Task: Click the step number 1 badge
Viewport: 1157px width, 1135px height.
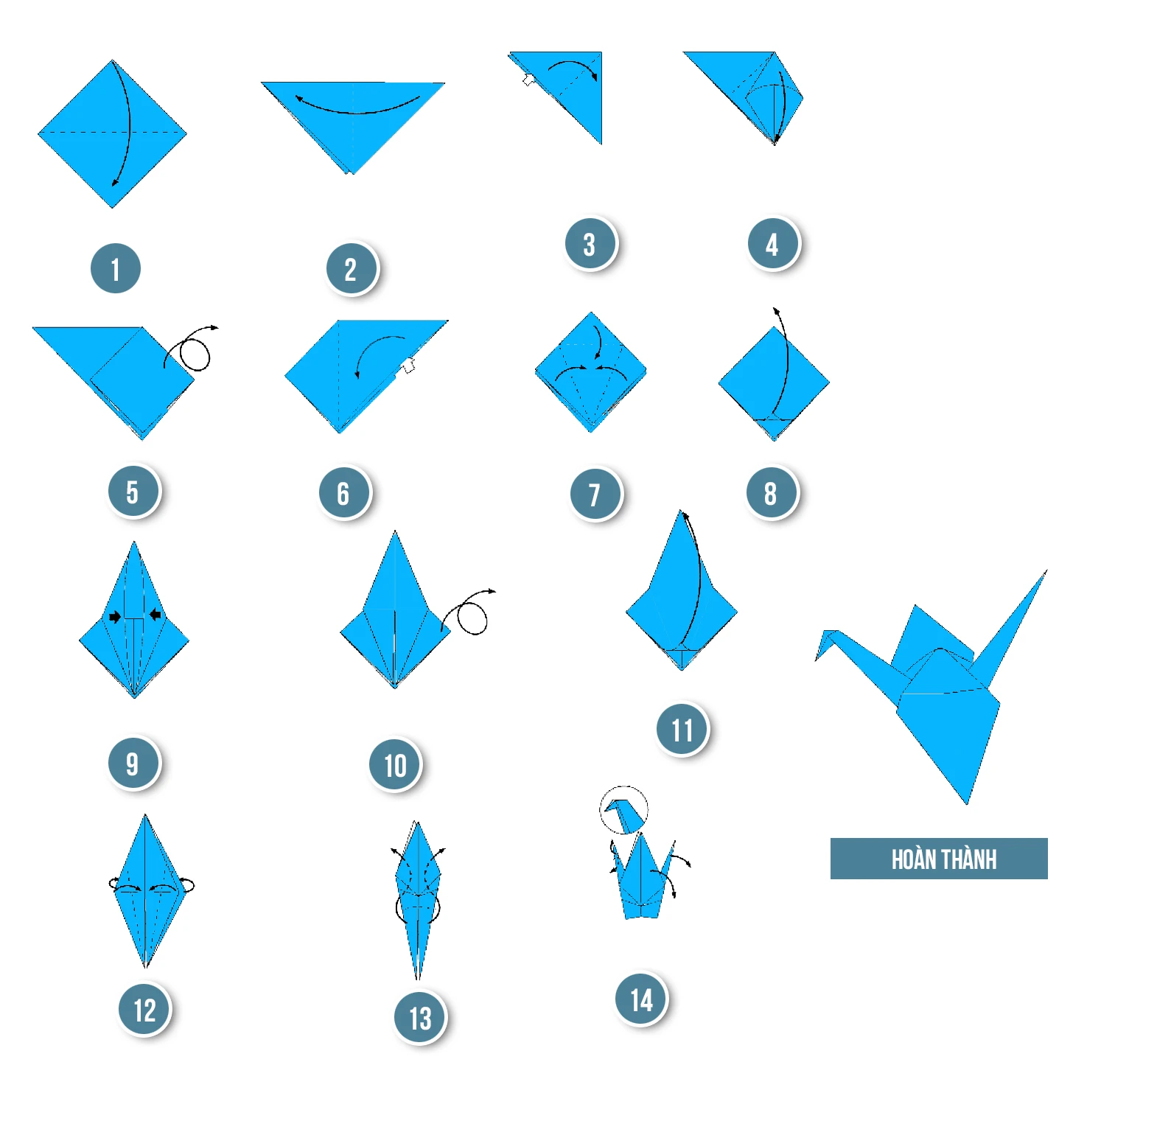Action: [115, 268]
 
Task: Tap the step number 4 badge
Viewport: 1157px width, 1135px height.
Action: [772, 243]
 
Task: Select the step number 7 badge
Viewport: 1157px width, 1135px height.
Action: [595, 494]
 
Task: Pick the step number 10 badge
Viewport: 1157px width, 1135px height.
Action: [394, 765]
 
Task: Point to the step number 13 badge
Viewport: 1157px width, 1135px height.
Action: [419, 1018]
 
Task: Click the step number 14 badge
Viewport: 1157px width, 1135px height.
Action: [640, 999]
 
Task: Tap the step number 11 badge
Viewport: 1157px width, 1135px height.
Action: [682, 730]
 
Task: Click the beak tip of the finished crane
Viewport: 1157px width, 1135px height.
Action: [816, 660]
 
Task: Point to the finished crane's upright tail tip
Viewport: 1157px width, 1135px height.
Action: [1046, 570]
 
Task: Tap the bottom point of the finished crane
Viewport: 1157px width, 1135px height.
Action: [968, 804]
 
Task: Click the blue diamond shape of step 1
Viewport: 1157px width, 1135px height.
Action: [112, 134]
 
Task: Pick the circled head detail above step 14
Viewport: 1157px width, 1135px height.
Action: [623, 810]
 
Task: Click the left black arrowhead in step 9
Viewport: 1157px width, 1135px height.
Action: [115, 616]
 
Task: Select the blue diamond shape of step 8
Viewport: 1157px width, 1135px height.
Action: [774, 383]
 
